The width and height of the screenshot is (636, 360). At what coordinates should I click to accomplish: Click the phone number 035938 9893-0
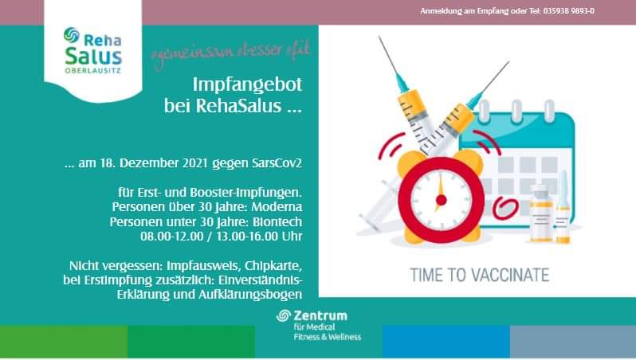tap(568, 11)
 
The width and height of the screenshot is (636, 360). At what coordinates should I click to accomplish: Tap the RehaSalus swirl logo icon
tap(72, 35)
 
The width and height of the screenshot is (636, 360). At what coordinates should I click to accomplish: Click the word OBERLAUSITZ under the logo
tap(93, 71)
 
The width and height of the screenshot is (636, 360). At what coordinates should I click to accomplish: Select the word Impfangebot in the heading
tap(247, 84)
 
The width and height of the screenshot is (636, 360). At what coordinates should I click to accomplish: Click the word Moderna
tap(277, 207)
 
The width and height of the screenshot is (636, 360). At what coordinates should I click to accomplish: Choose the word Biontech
tap(277, 221)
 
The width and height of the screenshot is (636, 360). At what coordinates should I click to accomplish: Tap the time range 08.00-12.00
tap(172, 237)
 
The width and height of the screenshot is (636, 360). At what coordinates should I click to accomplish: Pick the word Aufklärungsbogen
tap(250, 295)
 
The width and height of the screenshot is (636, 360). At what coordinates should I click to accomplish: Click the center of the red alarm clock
tap(442, 200)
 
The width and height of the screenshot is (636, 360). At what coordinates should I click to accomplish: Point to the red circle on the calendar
tap(505, 208)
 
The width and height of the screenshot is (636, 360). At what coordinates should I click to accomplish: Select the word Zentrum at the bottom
tap(320, 315)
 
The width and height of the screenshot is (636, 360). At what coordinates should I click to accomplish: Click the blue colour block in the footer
tap(446, 342)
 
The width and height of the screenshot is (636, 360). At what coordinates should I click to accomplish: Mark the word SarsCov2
tap(277, 163)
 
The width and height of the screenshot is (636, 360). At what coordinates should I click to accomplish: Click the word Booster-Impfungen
tap(245, 192)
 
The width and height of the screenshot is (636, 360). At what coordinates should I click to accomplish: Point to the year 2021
tap(195, 163)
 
